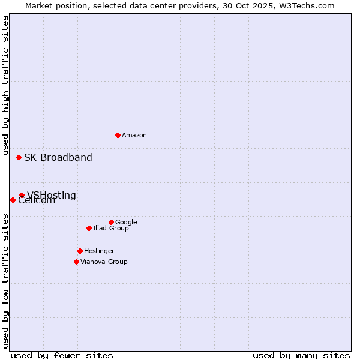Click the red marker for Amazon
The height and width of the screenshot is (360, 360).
[118, 135]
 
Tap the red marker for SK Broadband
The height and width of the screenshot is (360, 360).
[19, 157]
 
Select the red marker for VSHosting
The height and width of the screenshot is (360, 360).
[22, 195]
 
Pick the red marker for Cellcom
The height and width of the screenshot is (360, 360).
[13, 200]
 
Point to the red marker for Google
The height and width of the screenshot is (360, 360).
[111, 222]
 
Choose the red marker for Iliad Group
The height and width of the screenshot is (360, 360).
[89, 228]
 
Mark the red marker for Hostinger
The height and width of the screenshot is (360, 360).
[80, 251]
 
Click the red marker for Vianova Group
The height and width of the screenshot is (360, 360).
[76, 262]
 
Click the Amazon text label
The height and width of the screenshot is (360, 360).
[134, 136]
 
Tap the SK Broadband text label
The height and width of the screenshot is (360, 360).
[58, 158]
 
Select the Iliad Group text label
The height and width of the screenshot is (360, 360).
[111, 229]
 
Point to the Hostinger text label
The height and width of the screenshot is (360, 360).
[99, 251]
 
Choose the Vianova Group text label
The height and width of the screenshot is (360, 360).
[104, 262]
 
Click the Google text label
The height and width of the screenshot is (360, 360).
[126, 223]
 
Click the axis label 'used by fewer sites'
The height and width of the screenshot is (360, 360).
[62, 356]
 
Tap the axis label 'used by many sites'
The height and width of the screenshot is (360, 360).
[301, 356]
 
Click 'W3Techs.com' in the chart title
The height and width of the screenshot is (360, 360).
[308, 5]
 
